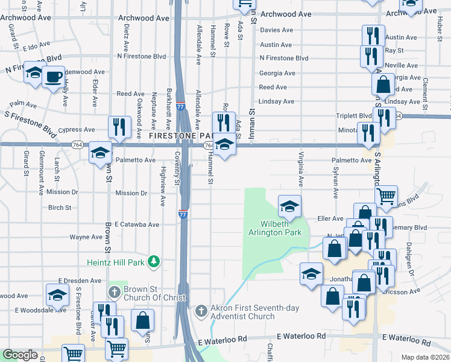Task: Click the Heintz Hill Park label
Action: pos(114,261)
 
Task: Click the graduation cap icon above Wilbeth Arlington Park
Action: pos(289,206)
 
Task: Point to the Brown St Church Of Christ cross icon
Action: pos(115,293)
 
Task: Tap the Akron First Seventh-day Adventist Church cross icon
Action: pos(201,311)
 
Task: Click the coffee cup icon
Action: pos(53,77)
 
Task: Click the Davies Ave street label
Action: pos(277,30)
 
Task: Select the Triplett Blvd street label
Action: pos(354,116)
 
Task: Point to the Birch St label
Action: pos(60,208)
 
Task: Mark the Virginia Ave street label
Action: pos(300,169)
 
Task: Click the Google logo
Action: pos(20,355)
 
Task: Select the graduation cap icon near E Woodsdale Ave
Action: pos(57,296)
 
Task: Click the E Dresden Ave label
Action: pos(80,281)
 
